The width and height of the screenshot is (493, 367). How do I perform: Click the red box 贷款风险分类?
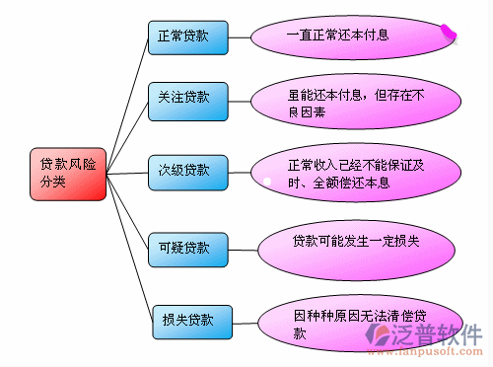click(x=67, y=175)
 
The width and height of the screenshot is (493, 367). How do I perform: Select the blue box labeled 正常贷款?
click(x=188, y=37)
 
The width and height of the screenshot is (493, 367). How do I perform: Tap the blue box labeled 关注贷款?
click(x=188, y=102)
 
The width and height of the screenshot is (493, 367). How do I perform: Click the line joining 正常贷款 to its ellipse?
click(x=240, y=37)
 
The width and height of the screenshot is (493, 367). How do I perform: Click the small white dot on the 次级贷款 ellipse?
click(x=266, y=181)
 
